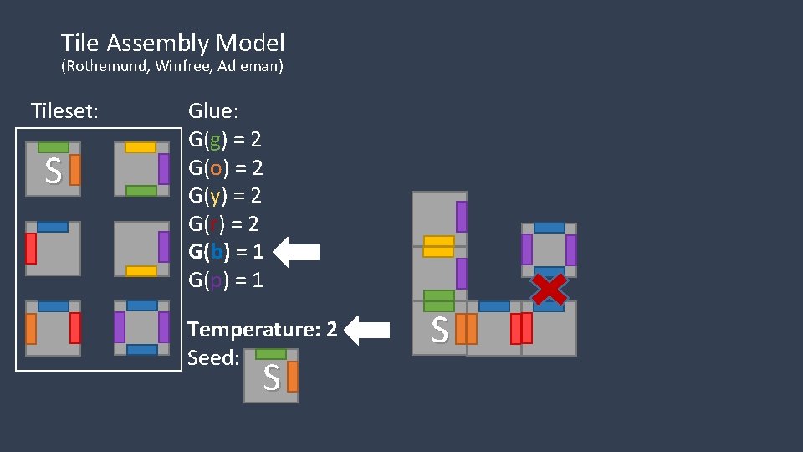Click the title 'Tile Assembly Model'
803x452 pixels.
click(172, 43)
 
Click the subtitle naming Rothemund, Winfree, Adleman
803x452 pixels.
click(172, 66)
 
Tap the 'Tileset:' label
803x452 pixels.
click(64, 110)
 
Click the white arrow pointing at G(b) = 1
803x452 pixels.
click(297, 251)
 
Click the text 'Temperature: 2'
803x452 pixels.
click(263, 330)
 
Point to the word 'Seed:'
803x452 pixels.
click(213, 358)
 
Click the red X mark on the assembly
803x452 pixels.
click(549, 289)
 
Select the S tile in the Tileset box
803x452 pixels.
click(53, 169)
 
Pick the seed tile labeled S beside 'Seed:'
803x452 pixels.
click(271, 376)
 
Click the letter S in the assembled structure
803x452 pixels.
click(439, 329)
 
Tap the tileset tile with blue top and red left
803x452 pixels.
click(53, 249)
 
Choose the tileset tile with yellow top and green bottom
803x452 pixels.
click(141, 169)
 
